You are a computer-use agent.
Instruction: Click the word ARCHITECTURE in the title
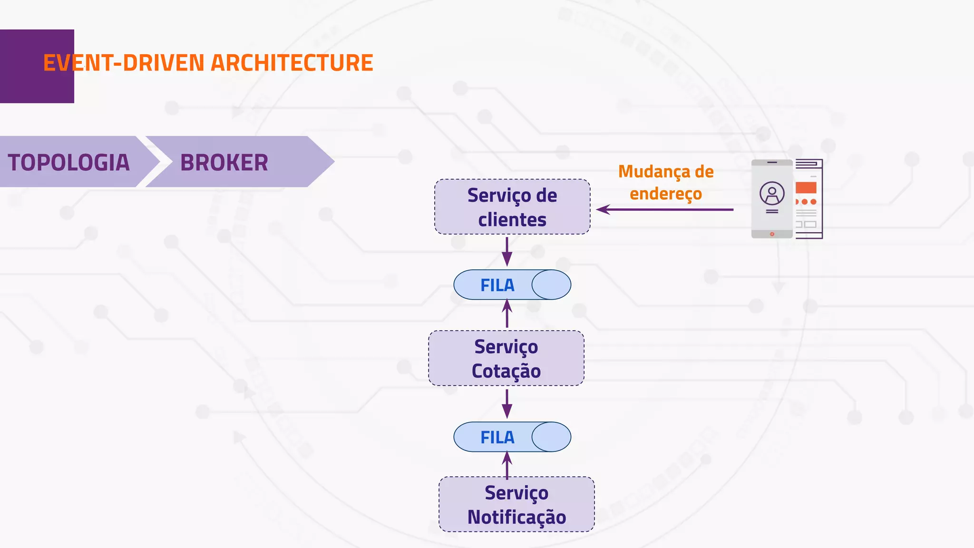(x=292, y=63)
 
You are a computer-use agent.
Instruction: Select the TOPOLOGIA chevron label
(x=69, y=162)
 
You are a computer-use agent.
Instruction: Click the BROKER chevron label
(x=224, y=162)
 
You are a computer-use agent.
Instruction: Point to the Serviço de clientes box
(x=512, y=207)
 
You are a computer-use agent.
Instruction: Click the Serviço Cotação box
(x=506, y=358)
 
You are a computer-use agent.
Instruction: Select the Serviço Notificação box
(x=516, y=504)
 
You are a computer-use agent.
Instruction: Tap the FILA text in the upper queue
(x=497, y=285)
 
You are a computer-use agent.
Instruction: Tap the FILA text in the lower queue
(x=497, y=437)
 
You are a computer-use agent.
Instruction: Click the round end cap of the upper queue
(x=551, y=284)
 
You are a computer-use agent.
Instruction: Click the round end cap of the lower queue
(x=551, y=437)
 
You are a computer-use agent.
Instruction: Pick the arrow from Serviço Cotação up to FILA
(x=507, y=314)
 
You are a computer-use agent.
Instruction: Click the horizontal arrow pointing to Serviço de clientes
(x=666, y=209)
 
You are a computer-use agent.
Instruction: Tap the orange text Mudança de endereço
(x=666, y=182)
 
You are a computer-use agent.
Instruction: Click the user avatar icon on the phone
(x=772, y=193)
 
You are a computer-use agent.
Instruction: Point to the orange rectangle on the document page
(x=806, y=187)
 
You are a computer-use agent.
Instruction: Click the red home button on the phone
(x=772, y=234)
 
